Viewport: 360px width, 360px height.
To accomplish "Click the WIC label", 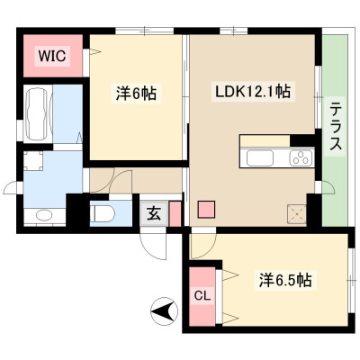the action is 51,56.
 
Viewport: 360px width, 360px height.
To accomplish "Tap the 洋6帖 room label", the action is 136,94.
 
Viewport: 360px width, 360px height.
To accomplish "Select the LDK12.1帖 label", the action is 253,92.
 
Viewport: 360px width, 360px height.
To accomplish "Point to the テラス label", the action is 336,126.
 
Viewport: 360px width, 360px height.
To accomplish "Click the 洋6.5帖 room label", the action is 286,281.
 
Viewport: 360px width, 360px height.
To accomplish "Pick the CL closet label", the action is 202,296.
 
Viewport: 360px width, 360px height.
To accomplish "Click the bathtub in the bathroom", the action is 37,113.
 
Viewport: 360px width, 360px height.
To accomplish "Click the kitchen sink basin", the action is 260,157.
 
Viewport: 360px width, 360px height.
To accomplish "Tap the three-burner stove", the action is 301,157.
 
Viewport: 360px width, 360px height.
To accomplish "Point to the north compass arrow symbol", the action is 164,310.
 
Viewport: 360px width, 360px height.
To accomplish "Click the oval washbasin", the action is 44,215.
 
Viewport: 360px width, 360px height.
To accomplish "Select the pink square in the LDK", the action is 206,209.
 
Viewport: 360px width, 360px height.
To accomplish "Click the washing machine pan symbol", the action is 33,160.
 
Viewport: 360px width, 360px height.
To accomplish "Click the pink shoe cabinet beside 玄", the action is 175,213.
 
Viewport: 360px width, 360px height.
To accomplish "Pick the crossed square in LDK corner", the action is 297,214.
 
